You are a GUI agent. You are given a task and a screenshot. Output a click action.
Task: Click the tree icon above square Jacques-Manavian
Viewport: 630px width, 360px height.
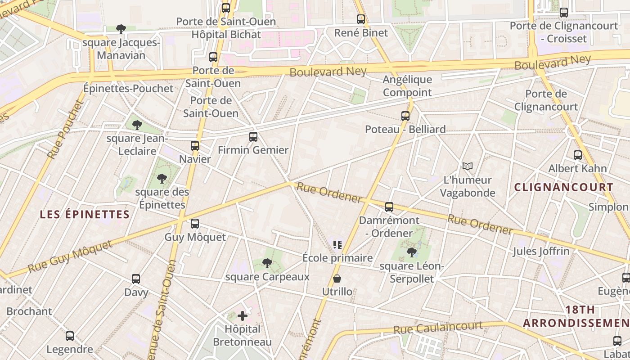click(x=121, y=29)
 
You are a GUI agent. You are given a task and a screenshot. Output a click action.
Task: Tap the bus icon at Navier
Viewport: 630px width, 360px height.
click(x=195, y=145)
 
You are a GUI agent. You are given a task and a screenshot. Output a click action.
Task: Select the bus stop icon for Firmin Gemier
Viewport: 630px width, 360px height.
click(x=253, y=136)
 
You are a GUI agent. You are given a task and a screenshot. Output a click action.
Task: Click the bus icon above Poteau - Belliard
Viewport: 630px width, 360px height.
click(x=405, y=116)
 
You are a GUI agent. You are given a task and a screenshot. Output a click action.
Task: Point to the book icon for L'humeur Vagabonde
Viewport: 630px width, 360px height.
click(x=468, y=166)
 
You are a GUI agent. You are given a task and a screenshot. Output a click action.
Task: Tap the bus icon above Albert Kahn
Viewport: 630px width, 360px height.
click(x=578, y=155)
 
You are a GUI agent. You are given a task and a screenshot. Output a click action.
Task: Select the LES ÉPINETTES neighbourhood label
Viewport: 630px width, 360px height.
click(x=85, y=214)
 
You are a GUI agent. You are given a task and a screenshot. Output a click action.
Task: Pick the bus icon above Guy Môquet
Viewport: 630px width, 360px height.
click(x=195, y=223)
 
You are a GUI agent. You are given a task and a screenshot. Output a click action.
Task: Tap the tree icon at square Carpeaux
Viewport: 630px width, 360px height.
click(x=267, y=263)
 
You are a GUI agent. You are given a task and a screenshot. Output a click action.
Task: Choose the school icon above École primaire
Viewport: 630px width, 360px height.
click(x=337, y=245)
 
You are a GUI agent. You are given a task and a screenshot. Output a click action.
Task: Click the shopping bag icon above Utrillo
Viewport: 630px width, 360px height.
click(x=337, y=279)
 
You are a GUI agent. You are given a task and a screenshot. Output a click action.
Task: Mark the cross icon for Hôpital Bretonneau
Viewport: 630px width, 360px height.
click(x=243, y=316)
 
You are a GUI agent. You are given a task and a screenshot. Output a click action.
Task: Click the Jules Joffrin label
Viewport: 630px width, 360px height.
click(x=541, y=251)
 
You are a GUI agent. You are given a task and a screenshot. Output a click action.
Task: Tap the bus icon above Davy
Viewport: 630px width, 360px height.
click(x=136, y=279)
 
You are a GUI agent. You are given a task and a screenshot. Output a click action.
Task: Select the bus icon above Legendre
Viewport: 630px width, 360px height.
click(x=70, y=336)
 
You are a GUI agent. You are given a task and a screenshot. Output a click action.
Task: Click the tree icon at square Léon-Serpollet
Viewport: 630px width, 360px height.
click(x=411, y=252)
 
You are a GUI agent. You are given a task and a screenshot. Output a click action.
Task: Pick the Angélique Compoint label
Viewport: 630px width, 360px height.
click(x=407, y=86)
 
